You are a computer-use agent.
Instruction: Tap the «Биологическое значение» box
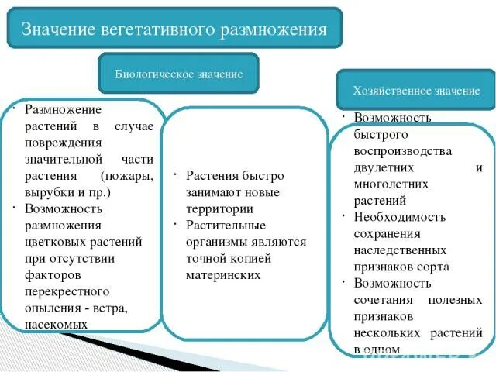coord(179,74)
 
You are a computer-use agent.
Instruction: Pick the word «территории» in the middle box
coord(219,208)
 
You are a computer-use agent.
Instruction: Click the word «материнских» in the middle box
coord(222,275)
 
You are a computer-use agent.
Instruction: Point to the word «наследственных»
coord(400,250)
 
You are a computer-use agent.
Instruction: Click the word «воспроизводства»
coord(403,150)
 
